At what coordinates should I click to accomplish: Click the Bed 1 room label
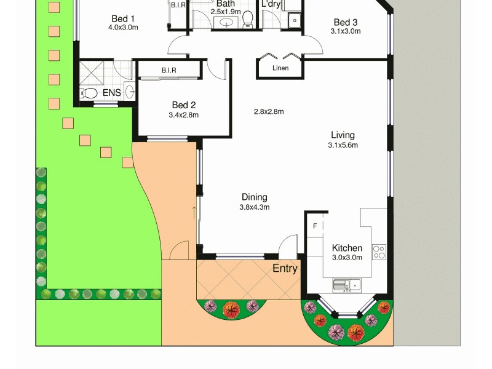(123, 18)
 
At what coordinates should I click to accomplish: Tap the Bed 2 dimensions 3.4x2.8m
(183, 115)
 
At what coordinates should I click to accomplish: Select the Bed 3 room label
(345, 22)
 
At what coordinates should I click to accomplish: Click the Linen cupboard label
(280, 68)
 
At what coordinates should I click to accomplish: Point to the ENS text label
(111, 93)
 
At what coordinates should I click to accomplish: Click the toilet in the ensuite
(89, 93)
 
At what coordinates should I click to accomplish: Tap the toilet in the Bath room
(248, 20)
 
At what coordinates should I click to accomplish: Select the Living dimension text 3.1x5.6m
(343, 145)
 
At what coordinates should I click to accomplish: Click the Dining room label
(254, 197)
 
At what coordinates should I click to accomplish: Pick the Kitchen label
(347, 248)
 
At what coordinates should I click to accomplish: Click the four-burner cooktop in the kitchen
(379, 251)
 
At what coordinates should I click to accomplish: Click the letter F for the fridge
(315, 226)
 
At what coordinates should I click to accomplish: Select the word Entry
(285, 268)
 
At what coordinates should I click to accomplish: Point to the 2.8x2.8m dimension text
(268, 111)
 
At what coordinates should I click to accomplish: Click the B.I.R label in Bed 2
(169, 70)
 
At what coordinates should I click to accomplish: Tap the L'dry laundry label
(271, 4)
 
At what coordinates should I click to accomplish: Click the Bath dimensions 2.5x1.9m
(225, 12)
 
